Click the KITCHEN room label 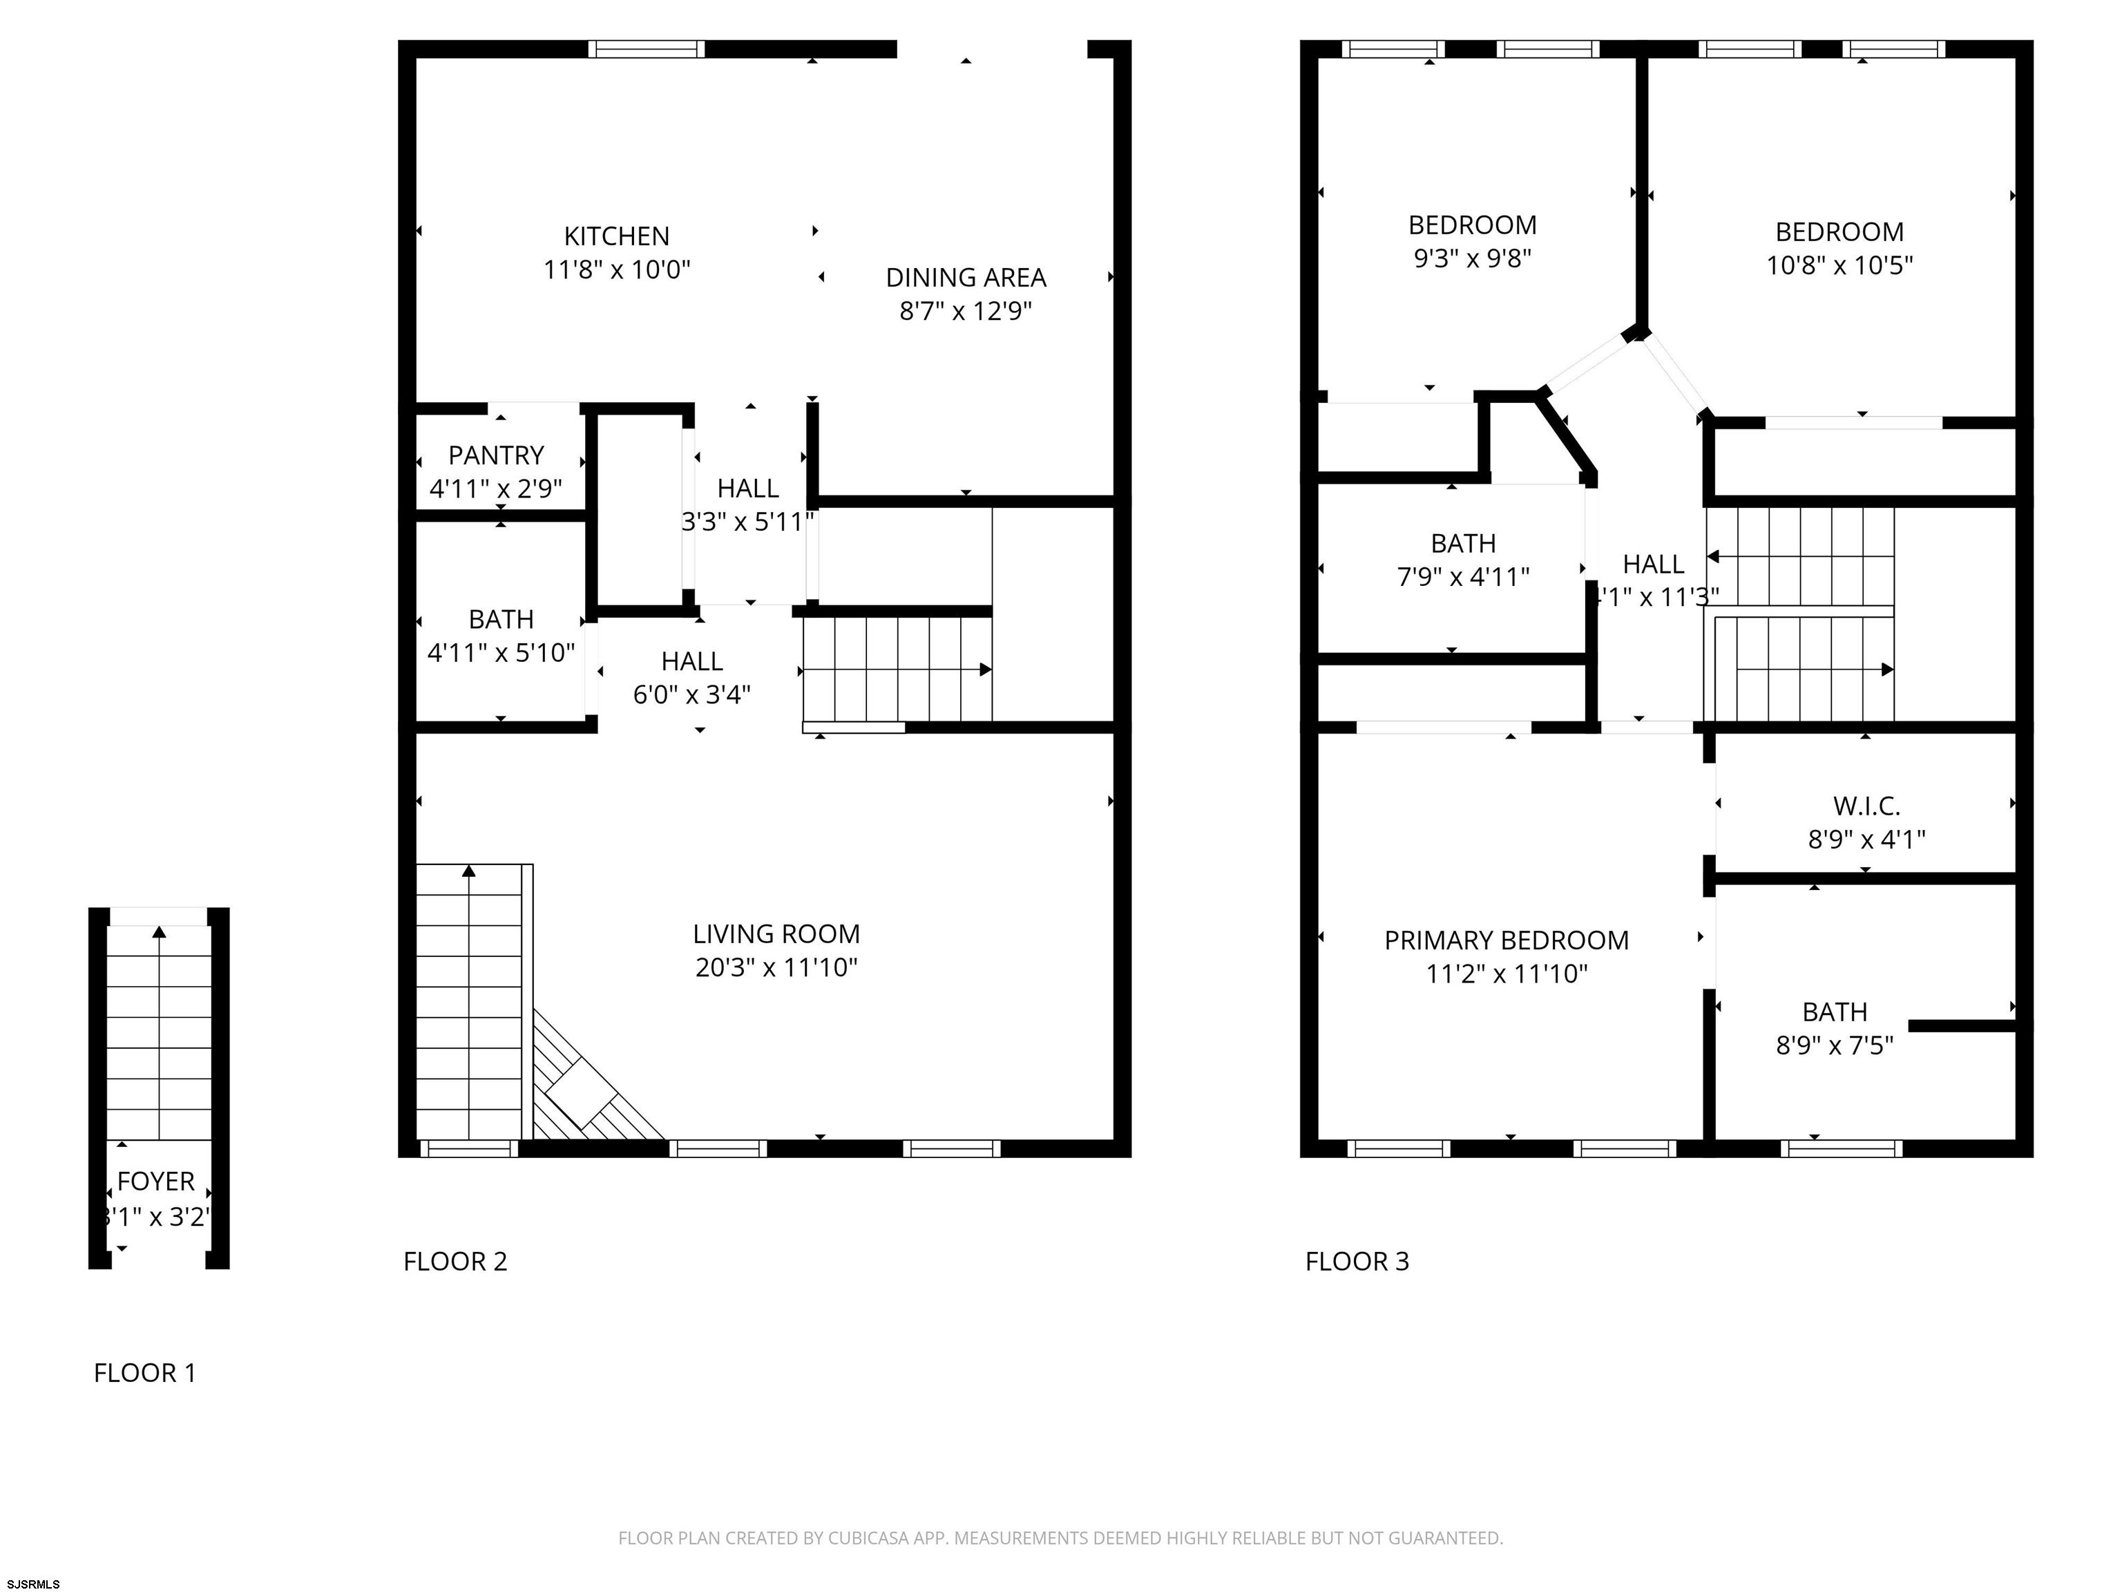(x=616, y=236)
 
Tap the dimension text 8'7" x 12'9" (x=965, y=311)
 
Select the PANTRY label (x=496, y=455)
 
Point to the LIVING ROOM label (x=776, y=934)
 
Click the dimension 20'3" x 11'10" (x=776, y=967)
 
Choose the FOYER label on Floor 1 (x=155, y=1182)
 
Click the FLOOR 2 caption (x=455, y=1261)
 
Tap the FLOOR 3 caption (x=1357, y=1261)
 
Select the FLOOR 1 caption (x=145, y=1373)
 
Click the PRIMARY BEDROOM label (x=1506, y=940)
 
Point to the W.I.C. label (x=1866, y=806)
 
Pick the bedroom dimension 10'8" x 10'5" (x=1839, y=265)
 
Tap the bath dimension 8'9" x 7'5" (x=1834, y=1045)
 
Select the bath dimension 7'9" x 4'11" (x=1463, y=577)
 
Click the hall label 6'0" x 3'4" (x=691, y=694)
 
